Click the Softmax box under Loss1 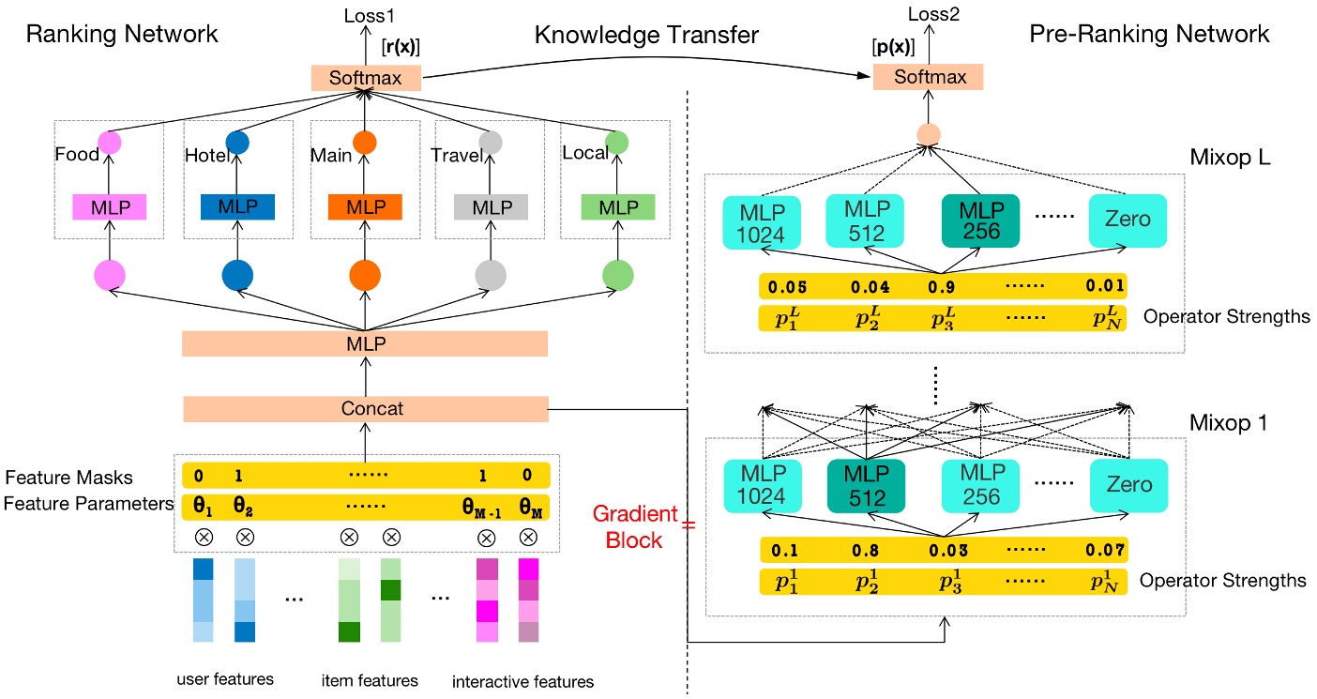[365, 79]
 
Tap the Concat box [365, 410]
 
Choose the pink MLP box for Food [112, 207]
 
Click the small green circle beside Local [617, 143]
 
